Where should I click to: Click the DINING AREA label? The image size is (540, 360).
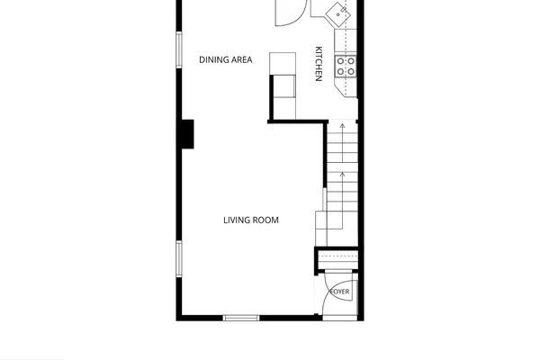point(226,59)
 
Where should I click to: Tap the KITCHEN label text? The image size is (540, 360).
point(319,64)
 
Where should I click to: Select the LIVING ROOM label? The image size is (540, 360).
point(251,220)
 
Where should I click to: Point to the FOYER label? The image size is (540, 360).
point(340,292)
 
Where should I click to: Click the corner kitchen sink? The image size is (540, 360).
point(337,14)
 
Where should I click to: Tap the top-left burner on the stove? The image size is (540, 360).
point(340,61)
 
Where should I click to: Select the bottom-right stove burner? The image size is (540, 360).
point(351,72)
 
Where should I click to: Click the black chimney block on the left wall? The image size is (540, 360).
point(187,134)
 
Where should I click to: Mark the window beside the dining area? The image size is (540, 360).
point(179,50)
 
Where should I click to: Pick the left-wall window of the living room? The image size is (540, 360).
point(179,258)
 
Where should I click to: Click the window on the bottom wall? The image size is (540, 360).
point(241,318)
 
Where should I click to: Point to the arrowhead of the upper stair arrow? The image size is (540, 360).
point(342,126)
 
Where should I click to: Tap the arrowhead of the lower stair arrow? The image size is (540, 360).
point(342,175)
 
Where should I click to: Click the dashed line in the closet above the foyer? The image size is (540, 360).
point(337,256)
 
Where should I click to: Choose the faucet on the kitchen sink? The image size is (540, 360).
point(344,10)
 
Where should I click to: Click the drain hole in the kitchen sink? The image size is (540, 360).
point(338,14)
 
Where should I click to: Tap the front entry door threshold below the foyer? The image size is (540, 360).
point(340,318)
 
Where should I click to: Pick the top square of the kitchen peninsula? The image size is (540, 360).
point(283,63)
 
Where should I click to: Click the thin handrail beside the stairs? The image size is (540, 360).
point(324,200)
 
